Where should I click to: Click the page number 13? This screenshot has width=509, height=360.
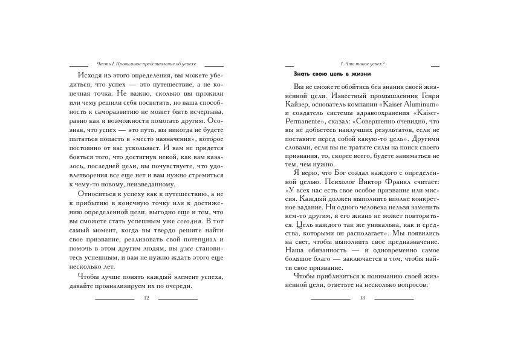362,298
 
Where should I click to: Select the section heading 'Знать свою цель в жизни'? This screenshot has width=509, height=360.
328,73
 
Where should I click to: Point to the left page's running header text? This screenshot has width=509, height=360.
146,64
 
